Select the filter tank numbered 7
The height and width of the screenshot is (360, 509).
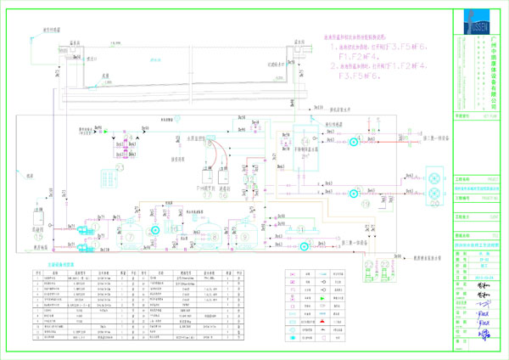click(154, 229)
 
